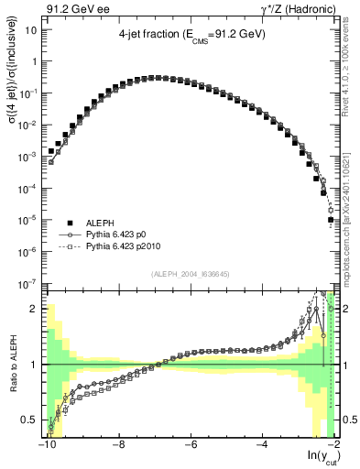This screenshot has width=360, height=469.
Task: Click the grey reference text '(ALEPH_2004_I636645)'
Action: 190,272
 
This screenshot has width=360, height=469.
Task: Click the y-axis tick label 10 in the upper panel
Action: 31,29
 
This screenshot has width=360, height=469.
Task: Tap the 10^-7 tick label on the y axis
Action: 29,283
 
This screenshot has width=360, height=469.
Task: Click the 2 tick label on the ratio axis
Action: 34,309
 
